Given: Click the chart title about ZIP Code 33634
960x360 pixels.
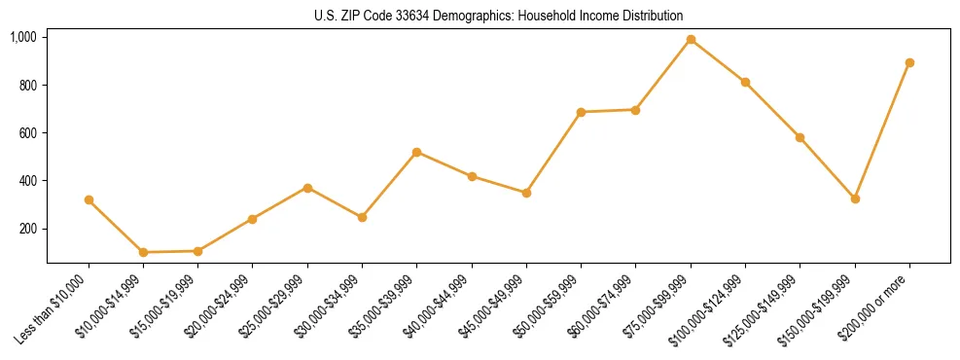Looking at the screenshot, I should pos(499,17).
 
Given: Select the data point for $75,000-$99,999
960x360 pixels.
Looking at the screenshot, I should pos(691,40).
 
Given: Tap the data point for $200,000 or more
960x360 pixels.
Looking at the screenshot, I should pos(909,62).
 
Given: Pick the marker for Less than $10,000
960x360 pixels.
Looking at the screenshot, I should pos(89,199).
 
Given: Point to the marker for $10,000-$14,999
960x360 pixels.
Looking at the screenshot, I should pos(143,252).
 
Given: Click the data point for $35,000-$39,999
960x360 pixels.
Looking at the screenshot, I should pos(416,152).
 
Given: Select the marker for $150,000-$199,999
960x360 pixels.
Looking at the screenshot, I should pos(855,198).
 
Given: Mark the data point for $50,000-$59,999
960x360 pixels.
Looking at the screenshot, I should pos(581,112).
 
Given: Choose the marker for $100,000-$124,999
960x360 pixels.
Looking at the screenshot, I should pos(745,82).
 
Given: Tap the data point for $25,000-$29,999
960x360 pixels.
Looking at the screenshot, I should pos(307,188).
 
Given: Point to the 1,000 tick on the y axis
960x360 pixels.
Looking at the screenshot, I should pos(23,37).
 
